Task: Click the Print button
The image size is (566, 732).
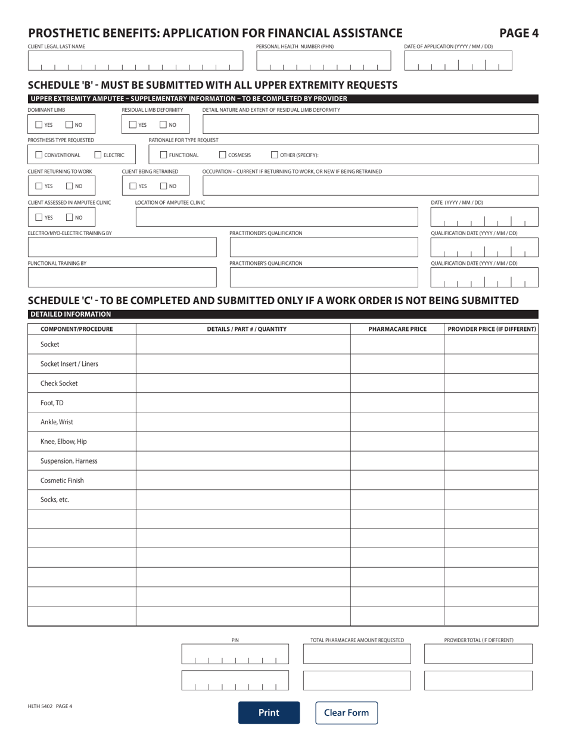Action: [269, 712]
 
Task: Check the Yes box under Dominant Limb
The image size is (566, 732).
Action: [39, 125]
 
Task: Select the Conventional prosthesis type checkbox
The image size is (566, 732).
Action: [39, 155]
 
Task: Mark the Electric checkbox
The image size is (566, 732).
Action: [99, 155]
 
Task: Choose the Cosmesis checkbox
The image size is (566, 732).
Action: [223, 155]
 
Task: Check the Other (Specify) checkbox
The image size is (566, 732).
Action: [275, 155]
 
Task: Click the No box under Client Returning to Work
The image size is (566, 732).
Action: [69, 186]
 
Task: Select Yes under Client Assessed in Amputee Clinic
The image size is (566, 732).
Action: [39, 217]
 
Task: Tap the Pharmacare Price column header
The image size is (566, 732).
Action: [397, 329]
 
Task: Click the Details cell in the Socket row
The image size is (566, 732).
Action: [242, 345]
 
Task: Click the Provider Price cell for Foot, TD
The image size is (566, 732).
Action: [491, 403]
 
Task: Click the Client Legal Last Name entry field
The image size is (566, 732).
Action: [136, 61]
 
